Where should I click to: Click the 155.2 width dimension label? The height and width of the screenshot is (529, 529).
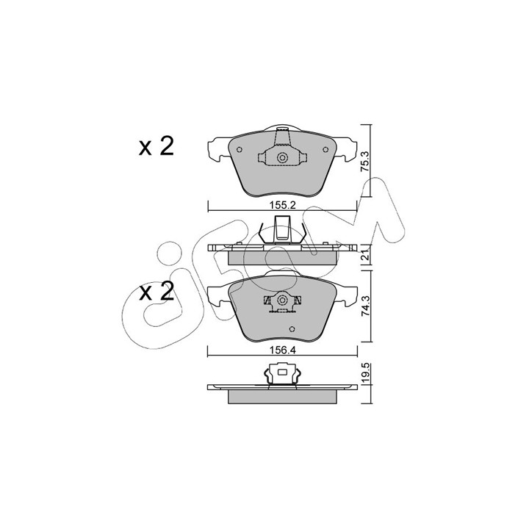point(282,205)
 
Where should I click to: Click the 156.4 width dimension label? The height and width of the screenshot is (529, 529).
point(282,350)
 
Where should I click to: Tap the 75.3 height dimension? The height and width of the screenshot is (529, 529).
point(366,162)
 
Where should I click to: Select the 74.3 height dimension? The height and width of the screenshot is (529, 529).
point(366,306)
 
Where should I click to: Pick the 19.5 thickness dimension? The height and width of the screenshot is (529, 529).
point(366,374)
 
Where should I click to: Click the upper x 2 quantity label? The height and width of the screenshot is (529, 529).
point(156,147)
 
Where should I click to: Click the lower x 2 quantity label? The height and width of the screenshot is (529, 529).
point(156,292)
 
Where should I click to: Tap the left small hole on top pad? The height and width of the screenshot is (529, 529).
point(240,150)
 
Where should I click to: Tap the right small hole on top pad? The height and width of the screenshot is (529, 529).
point(325,150)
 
